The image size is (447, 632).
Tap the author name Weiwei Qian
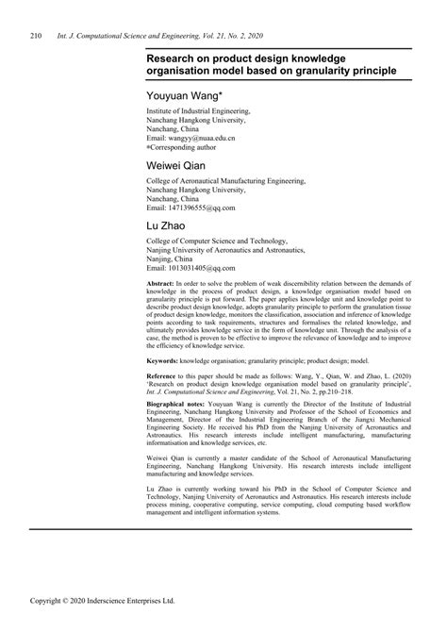[179, 165]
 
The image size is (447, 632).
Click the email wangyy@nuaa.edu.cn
[202, 138]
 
